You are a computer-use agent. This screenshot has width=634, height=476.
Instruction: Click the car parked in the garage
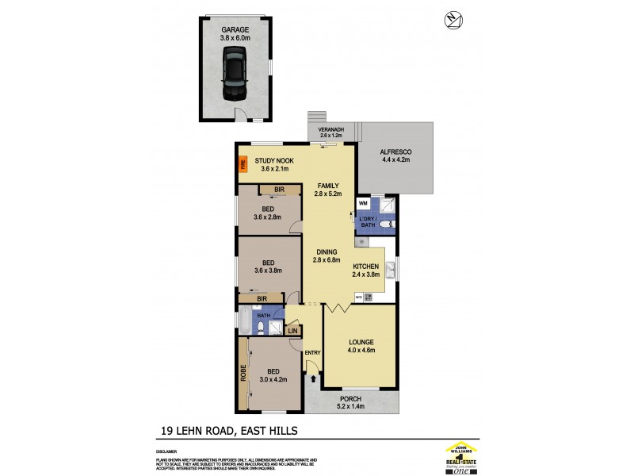point(235,74)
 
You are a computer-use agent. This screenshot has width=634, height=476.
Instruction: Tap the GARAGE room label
point(235,29)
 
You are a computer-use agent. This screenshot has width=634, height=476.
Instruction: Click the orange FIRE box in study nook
point(243,167)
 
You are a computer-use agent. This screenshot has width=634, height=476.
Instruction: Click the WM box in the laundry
point(362,204)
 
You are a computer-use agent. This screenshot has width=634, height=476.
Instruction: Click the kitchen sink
point(390,272)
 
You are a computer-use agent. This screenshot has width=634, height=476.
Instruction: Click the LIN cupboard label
point(292,329)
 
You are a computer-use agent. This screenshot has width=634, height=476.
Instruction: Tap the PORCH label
point(350,399)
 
